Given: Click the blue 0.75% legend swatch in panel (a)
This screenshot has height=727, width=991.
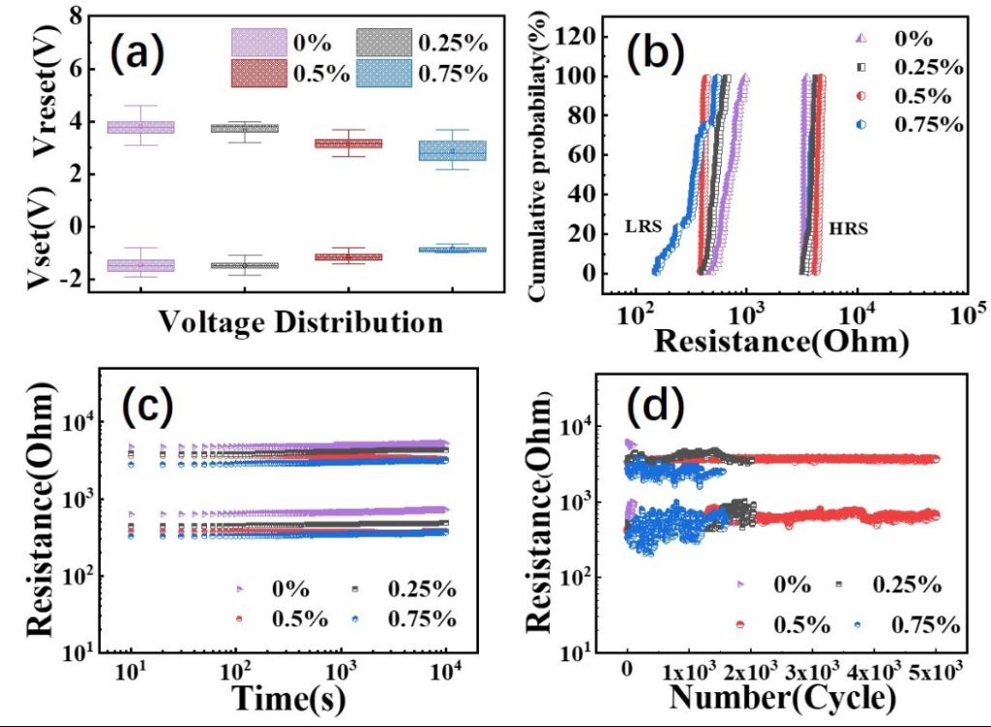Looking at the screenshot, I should click(385, 73).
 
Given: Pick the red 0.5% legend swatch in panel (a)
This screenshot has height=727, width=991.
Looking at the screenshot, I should click(259, 73).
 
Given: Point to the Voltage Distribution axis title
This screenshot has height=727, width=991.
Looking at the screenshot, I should click(300, 320).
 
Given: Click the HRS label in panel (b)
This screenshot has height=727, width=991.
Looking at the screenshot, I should click(849, 230).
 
